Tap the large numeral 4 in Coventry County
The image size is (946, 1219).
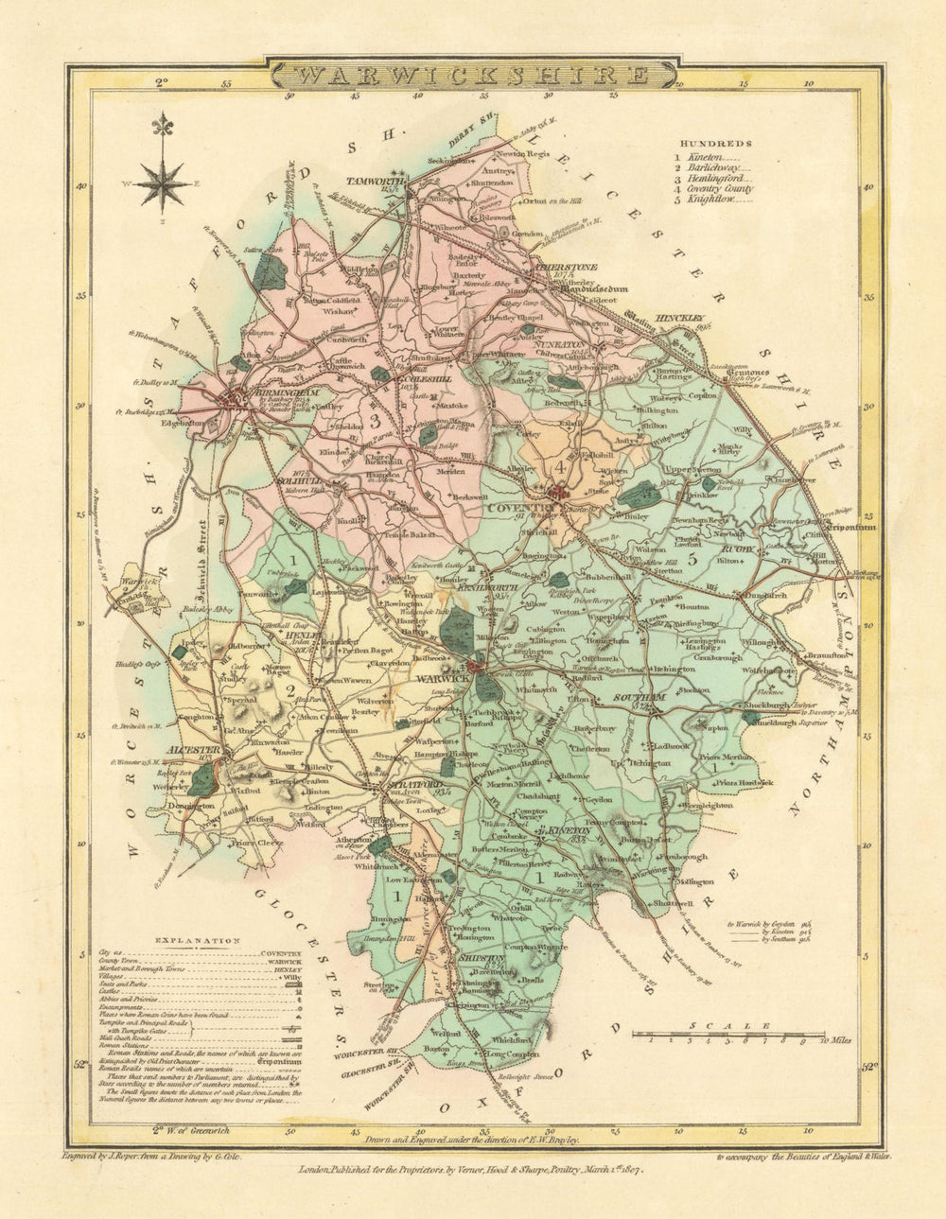pos(560,466)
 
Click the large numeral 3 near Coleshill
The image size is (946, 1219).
pos(375,420)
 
